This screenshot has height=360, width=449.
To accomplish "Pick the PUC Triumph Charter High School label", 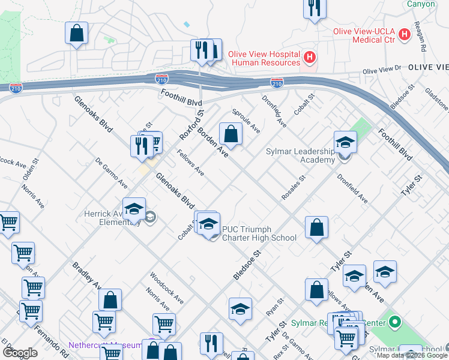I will coord(259,233).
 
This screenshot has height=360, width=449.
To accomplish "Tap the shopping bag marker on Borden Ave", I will coord(231,134).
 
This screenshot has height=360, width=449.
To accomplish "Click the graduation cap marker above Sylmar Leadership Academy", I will coord(345,142).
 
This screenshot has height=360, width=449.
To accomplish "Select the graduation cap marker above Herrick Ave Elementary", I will coord(134,209).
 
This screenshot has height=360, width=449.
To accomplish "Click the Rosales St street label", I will coord(294,187).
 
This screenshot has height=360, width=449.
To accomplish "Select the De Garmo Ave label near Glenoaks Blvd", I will coord(111,173).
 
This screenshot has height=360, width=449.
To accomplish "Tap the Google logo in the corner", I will coord(20,352).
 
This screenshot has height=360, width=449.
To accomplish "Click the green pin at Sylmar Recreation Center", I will coord(394,323).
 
